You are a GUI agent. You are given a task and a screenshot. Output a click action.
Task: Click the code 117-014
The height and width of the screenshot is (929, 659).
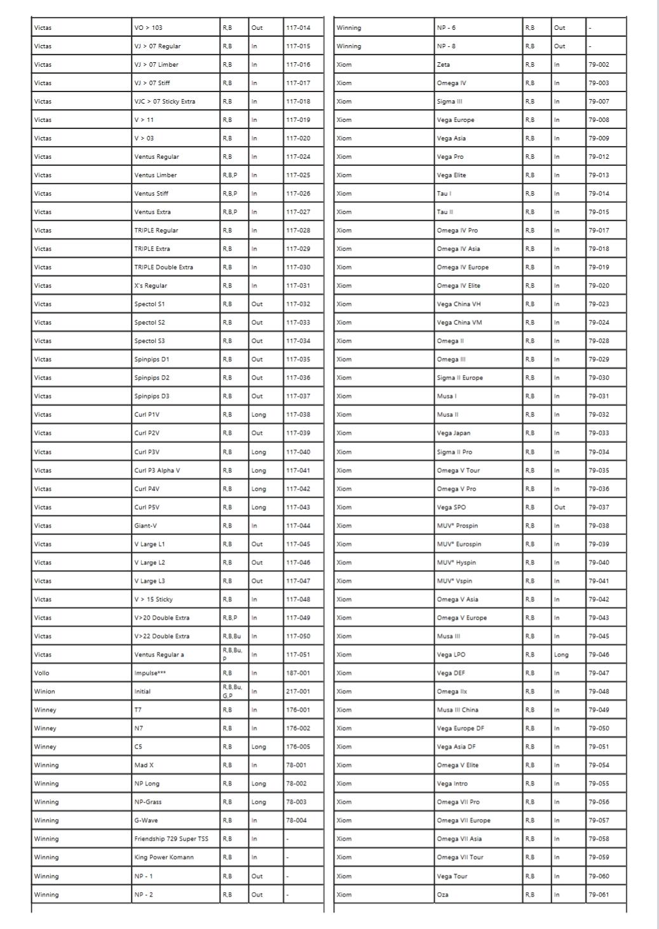coord(298,28)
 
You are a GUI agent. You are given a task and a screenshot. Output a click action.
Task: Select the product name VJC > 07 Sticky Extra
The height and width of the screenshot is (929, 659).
coord(165,102)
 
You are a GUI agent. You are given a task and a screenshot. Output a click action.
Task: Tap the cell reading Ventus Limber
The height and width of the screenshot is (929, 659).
coord(156,175)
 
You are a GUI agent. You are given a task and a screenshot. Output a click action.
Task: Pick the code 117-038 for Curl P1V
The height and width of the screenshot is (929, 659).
coord(298,415)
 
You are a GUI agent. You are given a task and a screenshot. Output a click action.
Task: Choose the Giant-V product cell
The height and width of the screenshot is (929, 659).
coord(146,526)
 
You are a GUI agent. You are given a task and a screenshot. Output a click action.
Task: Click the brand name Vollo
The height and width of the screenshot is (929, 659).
coord(42,673)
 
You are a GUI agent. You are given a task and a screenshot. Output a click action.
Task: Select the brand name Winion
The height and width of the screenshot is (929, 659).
coord(44,691)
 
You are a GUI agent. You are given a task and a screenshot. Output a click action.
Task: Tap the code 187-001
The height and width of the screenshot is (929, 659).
coord(298,673)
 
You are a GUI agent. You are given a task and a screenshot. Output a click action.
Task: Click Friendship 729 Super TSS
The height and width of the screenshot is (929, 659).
coord(171,839)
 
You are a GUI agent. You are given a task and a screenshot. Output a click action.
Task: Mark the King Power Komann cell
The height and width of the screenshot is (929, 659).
coord(164,857)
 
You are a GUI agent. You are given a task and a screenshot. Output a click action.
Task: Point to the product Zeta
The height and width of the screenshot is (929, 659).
coord(444,65)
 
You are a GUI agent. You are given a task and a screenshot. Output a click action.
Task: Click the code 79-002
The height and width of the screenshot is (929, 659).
coord(599,65)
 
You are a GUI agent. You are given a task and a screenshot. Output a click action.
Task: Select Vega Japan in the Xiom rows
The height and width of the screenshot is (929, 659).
coord(454,433)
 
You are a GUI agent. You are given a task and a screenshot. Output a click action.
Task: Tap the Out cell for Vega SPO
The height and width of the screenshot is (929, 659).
coord(559,508)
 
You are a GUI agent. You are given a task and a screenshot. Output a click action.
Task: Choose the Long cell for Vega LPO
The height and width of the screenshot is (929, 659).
coord(561,654)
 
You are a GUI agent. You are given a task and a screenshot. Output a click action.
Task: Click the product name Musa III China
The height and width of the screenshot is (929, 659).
coord(458,710)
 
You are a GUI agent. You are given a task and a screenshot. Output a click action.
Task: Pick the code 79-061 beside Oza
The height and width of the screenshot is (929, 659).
coord(599,895)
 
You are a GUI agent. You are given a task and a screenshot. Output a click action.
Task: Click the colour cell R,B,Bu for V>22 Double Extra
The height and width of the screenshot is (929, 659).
coord(232,636)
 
